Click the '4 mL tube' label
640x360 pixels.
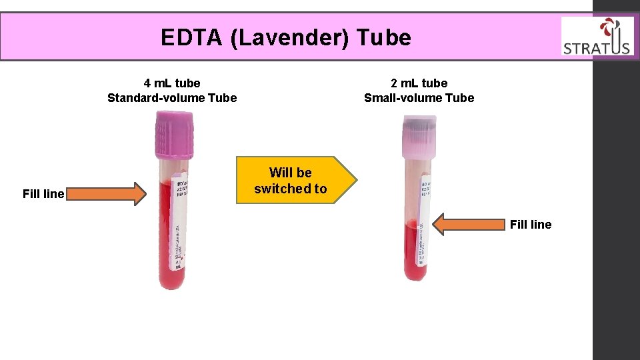172,83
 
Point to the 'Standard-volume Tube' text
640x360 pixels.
172,98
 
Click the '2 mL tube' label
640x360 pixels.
419,83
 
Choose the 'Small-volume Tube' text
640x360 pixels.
419,98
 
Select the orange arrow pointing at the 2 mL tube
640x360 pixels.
469,225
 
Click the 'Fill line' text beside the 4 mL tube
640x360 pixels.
43,194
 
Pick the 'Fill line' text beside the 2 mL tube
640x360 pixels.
531,225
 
